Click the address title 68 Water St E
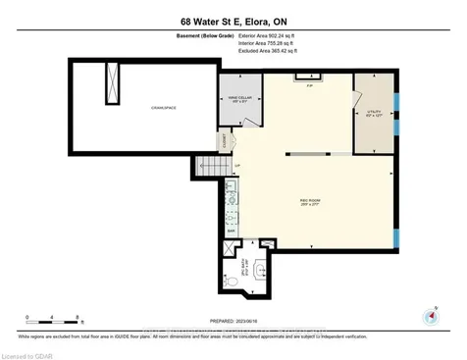[x=233, y=21]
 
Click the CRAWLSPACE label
[x=162, y=106]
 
